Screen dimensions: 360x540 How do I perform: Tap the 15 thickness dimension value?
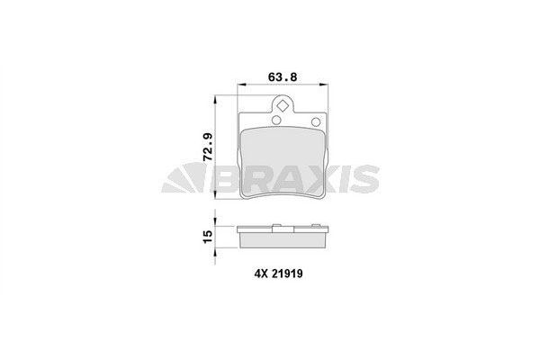pos(209,235)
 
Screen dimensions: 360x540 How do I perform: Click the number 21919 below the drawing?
pos(285,276)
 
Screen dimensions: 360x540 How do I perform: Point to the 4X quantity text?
pos(249,276)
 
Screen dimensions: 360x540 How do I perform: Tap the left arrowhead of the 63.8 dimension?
pos(238,86)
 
